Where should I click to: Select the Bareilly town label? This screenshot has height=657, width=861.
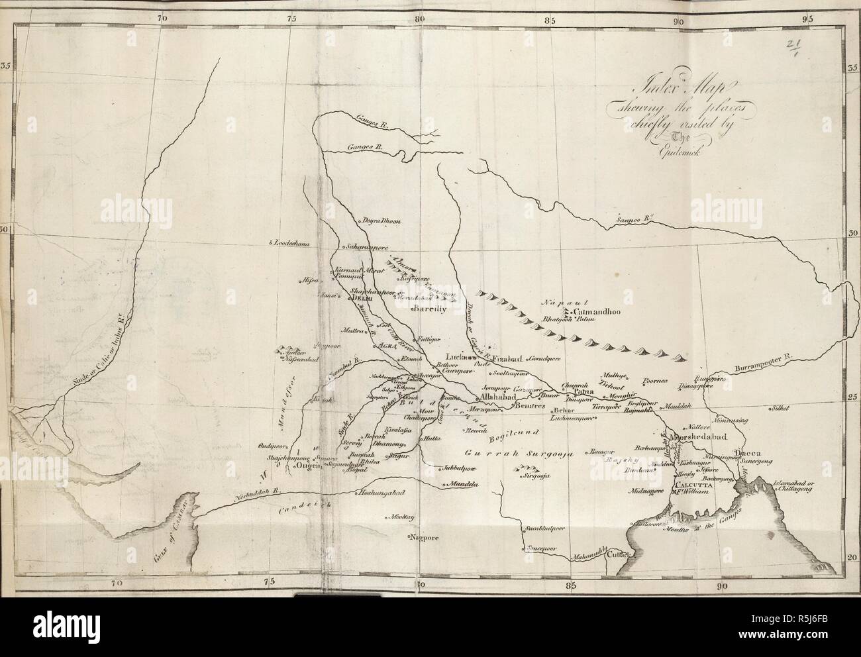(430, 309)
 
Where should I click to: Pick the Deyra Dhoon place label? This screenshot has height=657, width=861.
(380, 221)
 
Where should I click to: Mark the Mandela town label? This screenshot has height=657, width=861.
(464, 484)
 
